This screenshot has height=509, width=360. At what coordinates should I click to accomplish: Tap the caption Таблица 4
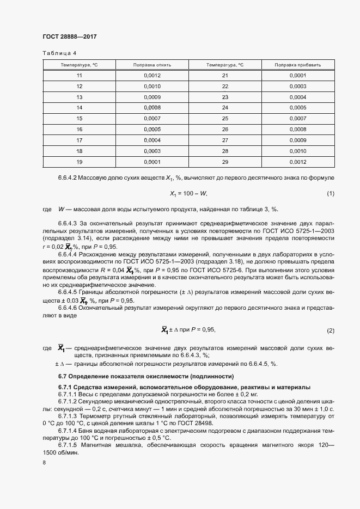(x=59, y=53)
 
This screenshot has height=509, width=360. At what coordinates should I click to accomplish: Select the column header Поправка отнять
(x=152, y=65)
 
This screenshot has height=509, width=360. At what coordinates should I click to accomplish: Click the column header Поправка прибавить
(x=298, y=65)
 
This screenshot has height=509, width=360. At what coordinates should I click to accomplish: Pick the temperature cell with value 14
(x=80, y=107)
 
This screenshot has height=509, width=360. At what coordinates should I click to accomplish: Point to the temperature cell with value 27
(x=225, y=140)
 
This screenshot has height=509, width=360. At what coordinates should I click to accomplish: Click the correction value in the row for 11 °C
(x=152, y=75)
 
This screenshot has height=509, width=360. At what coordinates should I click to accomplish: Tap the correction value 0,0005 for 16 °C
(x=152, y=129)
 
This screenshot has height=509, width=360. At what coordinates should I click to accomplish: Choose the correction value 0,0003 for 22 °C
(x=298, y=86)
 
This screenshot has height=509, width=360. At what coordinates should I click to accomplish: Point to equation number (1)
(x=330, y=194)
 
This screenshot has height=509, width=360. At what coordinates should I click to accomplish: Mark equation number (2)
(x=330, y=330)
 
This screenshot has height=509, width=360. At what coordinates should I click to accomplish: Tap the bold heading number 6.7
(x=63, y=376)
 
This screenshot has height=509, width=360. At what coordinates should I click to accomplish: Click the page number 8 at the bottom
(x=44, y=462)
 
